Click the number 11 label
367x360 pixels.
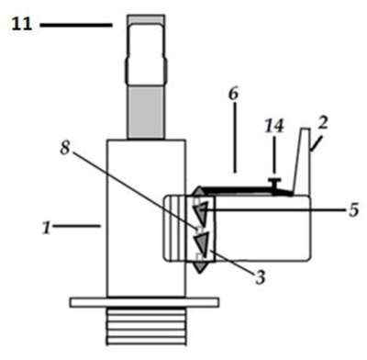(x=22, y=24)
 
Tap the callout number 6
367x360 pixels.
(x=233, y=95)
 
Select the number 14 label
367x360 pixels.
(x=274, y=125)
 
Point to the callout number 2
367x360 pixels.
(x=323, y=123)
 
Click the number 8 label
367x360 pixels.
(x=64, y=149)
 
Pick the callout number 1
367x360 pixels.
(x=47, y=228)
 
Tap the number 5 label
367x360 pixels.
(x=353, y=210)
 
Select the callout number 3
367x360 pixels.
(x=261, y=278)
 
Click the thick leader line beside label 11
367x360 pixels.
(x=76, y=25)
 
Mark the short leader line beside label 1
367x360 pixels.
(x=77, y=226)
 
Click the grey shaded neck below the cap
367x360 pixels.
(x=146, y=112)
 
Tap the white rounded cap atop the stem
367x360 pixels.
(x=146, y=54)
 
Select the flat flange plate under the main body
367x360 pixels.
(x=144, y=302)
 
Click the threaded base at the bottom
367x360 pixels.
(x=146, y=327)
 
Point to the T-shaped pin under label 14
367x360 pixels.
(x=274, y=185)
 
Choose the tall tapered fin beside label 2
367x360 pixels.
(x=302, y=162)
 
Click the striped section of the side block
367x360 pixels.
(x=175, y=228)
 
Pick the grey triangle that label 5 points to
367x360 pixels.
(x=201, y=211)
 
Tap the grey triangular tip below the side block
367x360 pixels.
(x=199, y=267)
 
